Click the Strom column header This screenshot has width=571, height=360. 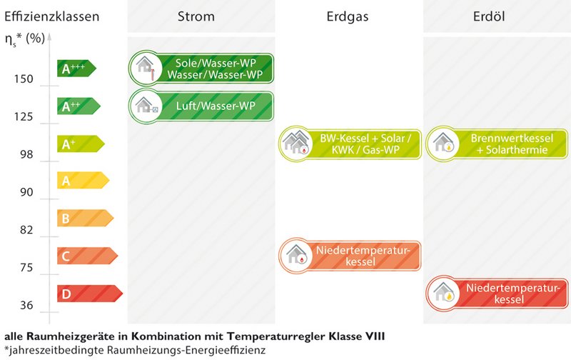tap(196, 16)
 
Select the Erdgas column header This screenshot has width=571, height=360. tap(348, 16)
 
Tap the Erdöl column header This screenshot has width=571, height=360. tap(489, 16)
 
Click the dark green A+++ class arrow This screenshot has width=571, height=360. tap(76, 68)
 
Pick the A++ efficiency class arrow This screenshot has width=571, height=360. tap(79, 106)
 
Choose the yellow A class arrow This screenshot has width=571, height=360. tap(83, 181)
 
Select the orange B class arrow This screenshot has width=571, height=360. tap(85, 218)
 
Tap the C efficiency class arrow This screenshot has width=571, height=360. tap(87, 256)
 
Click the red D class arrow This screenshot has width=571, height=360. tap(90, 294)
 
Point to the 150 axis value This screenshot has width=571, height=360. tap(24, 79)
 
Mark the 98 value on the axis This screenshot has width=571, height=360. tap(26, 154)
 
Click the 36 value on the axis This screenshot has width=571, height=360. tap(26, 305)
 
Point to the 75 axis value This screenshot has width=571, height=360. tap(26, 268)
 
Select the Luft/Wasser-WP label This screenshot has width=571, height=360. tap(216, 106)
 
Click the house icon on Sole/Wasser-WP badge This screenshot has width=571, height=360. tap(146, 68)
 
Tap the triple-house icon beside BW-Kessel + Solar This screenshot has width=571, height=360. tap(296, 143)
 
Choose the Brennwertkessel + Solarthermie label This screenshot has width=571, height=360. tap(512, 144)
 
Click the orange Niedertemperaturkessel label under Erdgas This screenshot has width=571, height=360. tap(363, 256)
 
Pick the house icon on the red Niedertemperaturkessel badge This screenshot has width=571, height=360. tap(443, 293)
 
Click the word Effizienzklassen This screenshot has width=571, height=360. tap(51, 16)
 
